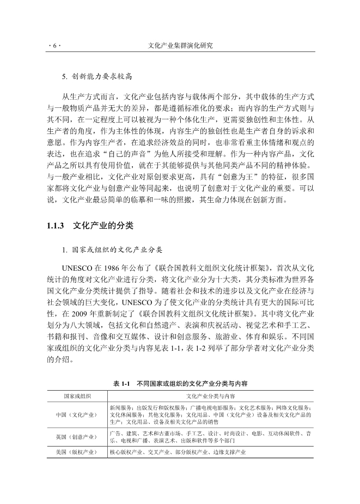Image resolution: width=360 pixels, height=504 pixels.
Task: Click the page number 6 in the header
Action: click(54, 46)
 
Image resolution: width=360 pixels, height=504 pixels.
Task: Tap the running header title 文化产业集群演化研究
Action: click(180, 46)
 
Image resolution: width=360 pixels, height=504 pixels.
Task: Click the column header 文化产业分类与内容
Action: click(211, 396)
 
